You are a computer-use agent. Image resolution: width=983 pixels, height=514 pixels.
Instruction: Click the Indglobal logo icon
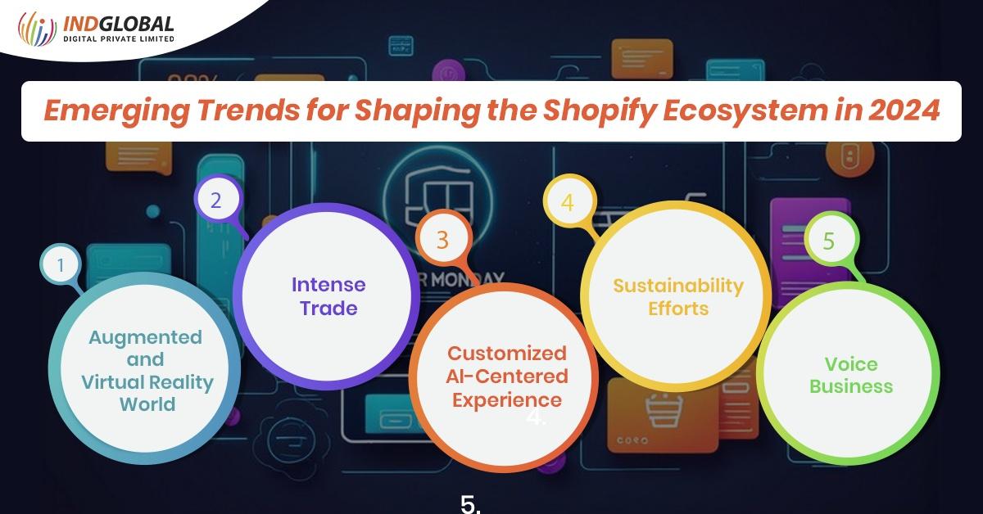(36, 29)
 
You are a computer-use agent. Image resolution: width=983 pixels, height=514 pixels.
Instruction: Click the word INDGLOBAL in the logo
(118, 23)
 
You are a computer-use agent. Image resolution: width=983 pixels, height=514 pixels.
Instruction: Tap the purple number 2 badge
(215, 200)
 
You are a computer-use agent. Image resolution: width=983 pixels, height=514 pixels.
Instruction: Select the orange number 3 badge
(442, 240)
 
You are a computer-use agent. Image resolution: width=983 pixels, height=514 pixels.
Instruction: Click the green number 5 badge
(828, 241)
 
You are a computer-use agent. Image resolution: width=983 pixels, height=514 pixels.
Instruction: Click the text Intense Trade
(328, 296)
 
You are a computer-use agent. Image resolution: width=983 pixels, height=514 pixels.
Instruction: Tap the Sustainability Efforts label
(678, 297)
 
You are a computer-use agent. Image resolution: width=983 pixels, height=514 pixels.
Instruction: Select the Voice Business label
(851, 375)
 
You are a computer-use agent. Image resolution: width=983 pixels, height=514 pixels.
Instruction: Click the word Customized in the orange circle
(506, 354)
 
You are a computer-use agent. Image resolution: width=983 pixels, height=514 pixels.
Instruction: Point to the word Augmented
(145, 337)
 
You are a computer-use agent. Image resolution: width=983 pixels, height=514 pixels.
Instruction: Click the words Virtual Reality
(147, 381)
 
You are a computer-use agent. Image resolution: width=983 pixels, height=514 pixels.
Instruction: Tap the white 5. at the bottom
(470, 503)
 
